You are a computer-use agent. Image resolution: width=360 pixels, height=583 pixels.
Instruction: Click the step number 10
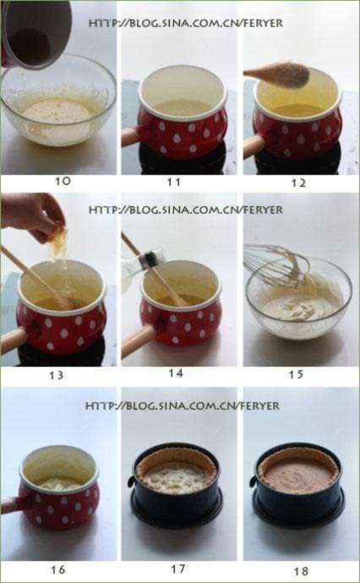point(63,181)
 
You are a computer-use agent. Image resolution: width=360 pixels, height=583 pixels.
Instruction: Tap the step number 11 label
point(174,182)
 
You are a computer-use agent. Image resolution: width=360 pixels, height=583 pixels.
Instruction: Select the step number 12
point(298,183)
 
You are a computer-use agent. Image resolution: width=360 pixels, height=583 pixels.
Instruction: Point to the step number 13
point(56,375)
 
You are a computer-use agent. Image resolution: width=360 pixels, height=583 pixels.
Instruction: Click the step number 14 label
point(176,373)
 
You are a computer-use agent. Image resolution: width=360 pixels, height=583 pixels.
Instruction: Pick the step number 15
point(297,374)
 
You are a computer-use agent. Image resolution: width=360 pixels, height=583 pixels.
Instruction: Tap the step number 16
point(58,569)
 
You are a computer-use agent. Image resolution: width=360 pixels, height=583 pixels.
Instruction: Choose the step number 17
point(177,569)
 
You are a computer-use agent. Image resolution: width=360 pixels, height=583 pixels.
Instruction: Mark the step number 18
point(301,570)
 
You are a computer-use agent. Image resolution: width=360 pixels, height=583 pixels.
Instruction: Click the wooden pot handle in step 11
point(129,136)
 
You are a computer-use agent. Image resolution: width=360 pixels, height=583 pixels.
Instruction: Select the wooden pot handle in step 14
point(138,341)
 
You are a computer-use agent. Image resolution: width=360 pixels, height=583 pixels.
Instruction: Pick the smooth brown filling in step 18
point(298,476)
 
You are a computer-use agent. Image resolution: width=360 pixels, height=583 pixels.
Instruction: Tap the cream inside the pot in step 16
point(59,483)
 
